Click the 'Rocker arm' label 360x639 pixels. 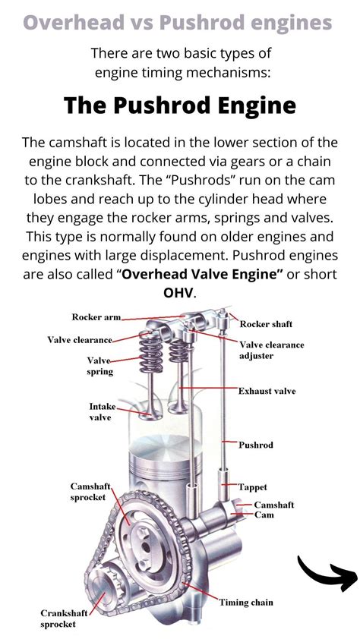coord(96,317)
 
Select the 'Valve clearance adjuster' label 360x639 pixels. coord(271,350)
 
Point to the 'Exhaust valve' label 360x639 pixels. coord(267,392)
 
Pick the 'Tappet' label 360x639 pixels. coord(252,487)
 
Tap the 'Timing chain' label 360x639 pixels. coord(246,603)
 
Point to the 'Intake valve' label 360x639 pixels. coord(103,411)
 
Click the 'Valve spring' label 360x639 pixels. coord(99,366)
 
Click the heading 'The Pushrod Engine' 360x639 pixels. coord(179,105)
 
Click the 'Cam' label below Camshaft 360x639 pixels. coord(264,515)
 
